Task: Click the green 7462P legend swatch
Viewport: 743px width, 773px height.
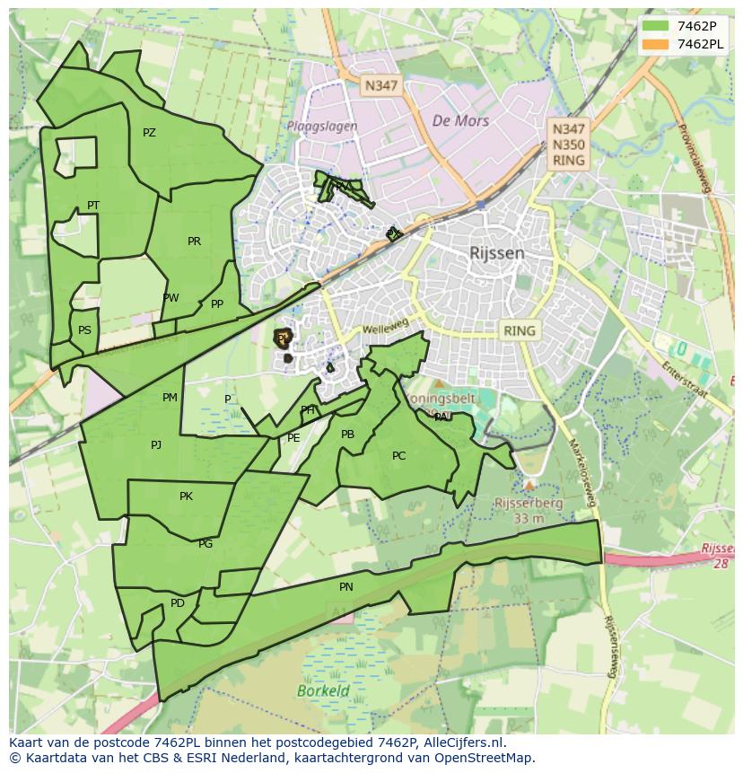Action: (656, 26)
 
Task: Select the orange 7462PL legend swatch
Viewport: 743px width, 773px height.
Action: (656, 44)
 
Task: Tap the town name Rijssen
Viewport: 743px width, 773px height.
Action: (496, 253)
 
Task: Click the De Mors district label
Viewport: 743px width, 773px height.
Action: (460, 120)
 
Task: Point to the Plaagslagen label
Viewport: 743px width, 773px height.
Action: (322, 127)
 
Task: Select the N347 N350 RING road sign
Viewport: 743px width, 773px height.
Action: (569, 145)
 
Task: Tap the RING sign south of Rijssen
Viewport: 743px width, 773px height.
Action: (519, 330)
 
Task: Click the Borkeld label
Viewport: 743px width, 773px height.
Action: (323, 691)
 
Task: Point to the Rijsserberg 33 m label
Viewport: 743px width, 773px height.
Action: (529, 510)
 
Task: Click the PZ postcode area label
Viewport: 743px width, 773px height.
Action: (149, 133)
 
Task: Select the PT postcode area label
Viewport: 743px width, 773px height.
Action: (93, 206)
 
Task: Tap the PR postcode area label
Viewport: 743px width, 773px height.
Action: (194, 241)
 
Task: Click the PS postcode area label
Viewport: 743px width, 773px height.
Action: (84, 329)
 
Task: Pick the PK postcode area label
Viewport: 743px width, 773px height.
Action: (186, 496)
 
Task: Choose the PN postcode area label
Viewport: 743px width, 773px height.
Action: (346, 587)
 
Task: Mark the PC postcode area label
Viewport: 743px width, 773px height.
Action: (398, 456)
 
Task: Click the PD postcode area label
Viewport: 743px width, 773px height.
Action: (177, 603)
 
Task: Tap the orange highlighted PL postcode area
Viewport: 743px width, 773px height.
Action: (283, 338)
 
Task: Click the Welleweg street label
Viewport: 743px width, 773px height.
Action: (385, 329)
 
